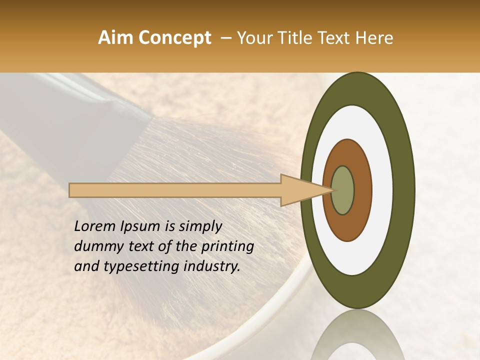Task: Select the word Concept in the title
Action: (175, 38)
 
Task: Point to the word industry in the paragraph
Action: (212, 266)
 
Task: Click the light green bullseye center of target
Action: (343, 190)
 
